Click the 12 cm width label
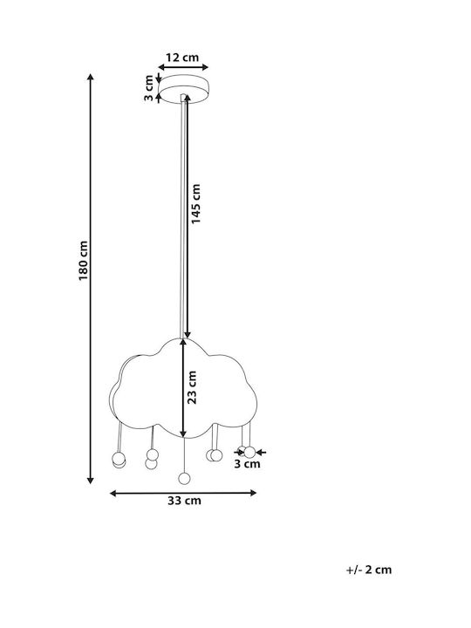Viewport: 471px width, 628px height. point(182,58)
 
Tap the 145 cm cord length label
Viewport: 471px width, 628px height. point(195,204)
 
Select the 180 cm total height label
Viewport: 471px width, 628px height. point(83,261)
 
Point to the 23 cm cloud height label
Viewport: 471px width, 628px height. point(192,387)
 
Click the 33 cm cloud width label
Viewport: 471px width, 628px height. point(184,501)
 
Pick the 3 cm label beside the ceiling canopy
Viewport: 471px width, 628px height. point(149,88)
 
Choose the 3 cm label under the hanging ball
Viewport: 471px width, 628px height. point(247,464)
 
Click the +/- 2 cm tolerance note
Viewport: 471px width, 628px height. point(369,570)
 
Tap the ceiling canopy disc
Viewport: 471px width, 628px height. point(183,89)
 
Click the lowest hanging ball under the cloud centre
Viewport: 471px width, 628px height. point(184,478)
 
